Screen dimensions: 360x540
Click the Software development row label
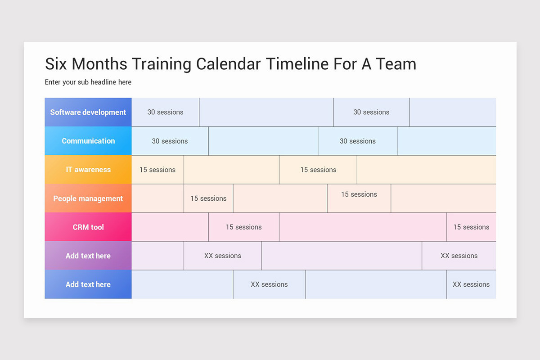(88, 112)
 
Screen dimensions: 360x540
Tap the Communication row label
(88, 141)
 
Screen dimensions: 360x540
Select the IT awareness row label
(88, 170)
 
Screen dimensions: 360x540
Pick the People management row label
(88, 198)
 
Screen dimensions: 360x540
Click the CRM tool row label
(88, 227)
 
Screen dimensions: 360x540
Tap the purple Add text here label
(88, 256)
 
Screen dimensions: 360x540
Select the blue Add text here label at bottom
(88, 284)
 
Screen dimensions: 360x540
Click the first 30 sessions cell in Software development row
(165, 112)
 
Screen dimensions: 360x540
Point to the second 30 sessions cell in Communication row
(357, 141)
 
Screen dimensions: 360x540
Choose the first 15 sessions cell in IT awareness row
(157, 170)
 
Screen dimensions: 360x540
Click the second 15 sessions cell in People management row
(359, 195)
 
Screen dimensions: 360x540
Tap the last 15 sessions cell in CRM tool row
(471, 227)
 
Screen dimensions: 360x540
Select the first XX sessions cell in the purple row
(222, 256)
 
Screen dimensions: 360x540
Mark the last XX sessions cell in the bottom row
(471, 284)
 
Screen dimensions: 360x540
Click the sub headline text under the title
(88, 82)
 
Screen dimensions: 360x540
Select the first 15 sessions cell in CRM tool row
(243, 227)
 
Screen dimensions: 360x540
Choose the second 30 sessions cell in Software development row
(371, 112)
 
